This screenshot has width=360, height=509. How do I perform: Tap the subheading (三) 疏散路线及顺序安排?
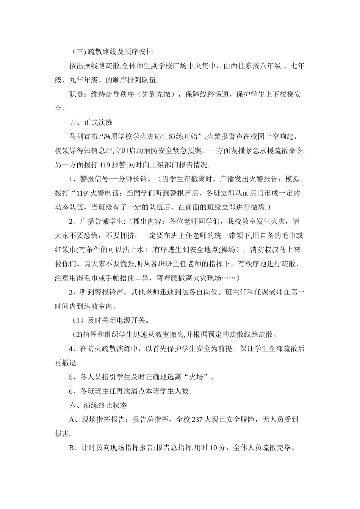click(112, 52)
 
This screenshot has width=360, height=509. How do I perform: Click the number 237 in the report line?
click(198, 420)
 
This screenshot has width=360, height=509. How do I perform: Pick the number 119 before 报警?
click(105, 165)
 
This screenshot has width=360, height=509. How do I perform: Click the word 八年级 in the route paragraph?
click(269, 66)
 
